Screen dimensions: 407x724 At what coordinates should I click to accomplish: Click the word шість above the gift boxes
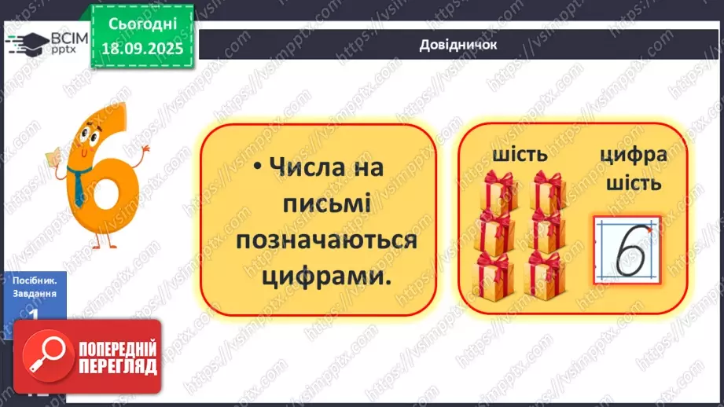(x=520, y=155)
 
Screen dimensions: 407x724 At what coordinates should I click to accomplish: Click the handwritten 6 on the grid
(x=628, y=250)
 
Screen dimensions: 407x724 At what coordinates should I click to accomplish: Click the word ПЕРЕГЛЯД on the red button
(x=116, y=366)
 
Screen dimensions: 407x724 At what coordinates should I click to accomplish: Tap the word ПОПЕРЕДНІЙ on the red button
(x=116, y=348)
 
